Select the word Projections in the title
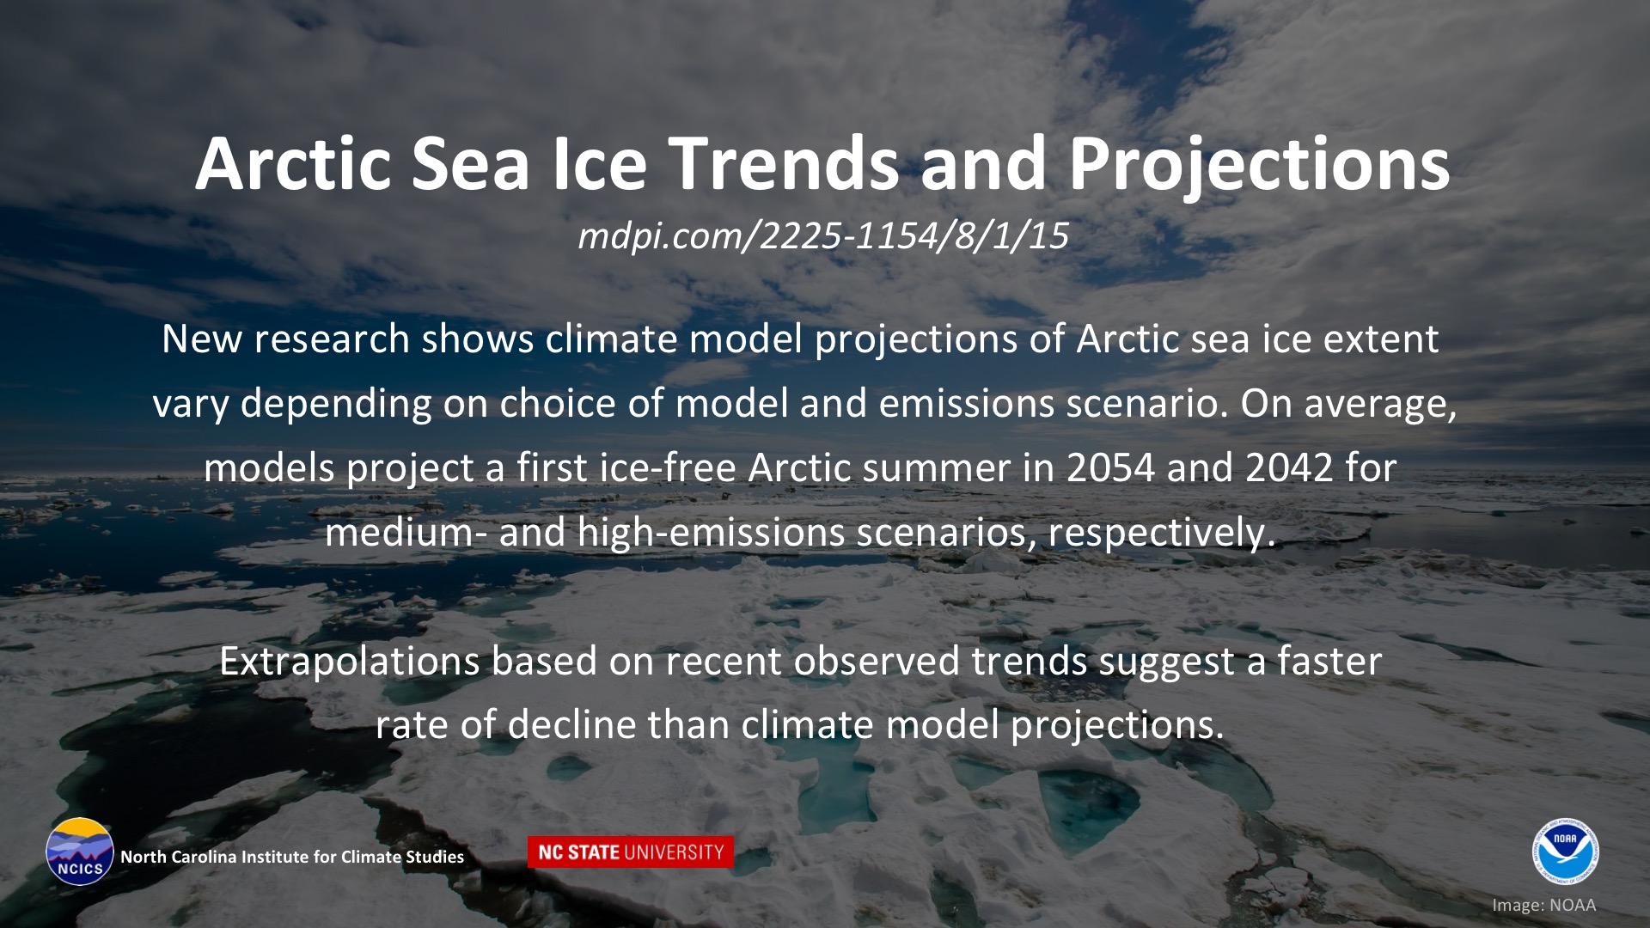(1259, 168)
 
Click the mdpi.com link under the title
(823, 235)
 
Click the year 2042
(1289, 468)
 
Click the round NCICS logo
(80, 851)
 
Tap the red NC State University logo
(631, 852)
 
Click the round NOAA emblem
(1564, 851)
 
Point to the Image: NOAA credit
(1543, 905)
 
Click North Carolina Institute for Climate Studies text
(292, 857)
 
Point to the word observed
(877, 662)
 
